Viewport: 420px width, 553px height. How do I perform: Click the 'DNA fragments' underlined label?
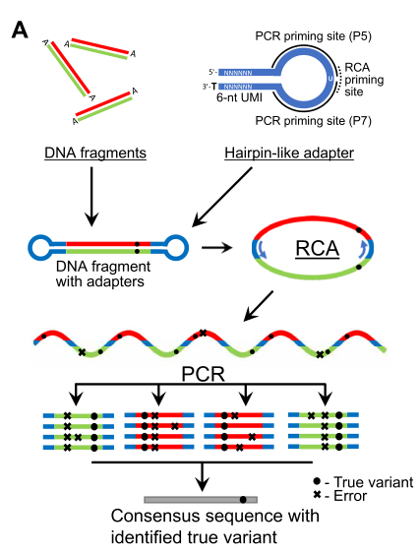[x=95, y=154]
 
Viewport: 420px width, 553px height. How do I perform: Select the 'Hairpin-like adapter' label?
[x=289, y=154]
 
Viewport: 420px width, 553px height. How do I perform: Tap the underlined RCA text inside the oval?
[x=317, y=249]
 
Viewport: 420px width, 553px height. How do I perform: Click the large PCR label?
[x=204, y=374]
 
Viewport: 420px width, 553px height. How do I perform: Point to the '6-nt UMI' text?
[x=239, y=97]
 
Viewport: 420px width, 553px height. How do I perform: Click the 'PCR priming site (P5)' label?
[x=313, y=36]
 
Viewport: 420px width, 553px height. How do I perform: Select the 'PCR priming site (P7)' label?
[x=313, y=121]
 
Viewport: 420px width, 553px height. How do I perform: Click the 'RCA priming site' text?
[x=364, y=80]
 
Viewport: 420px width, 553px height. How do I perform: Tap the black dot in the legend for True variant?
[x=317, y=481]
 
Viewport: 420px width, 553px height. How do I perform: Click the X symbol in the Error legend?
[x=317, y=495]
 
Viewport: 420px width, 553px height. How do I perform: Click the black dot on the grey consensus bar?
[x=243, y=500]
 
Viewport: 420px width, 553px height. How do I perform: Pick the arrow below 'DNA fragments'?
[x=91, y=196]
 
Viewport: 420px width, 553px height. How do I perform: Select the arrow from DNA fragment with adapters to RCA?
[x=216, y=248]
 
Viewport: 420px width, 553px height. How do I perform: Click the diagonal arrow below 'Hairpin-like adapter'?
[x=222, y=197]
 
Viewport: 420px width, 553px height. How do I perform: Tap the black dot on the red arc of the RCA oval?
[x=359, y=230]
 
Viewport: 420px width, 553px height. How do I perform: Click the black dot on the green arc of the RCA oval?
[x=359, y=267]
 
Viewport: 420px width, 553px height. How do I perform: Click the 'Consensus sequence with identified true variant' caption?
[x=215, y=526]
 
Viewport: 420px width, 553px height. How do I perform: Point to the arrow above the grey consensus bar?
[x=202, y=476]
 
